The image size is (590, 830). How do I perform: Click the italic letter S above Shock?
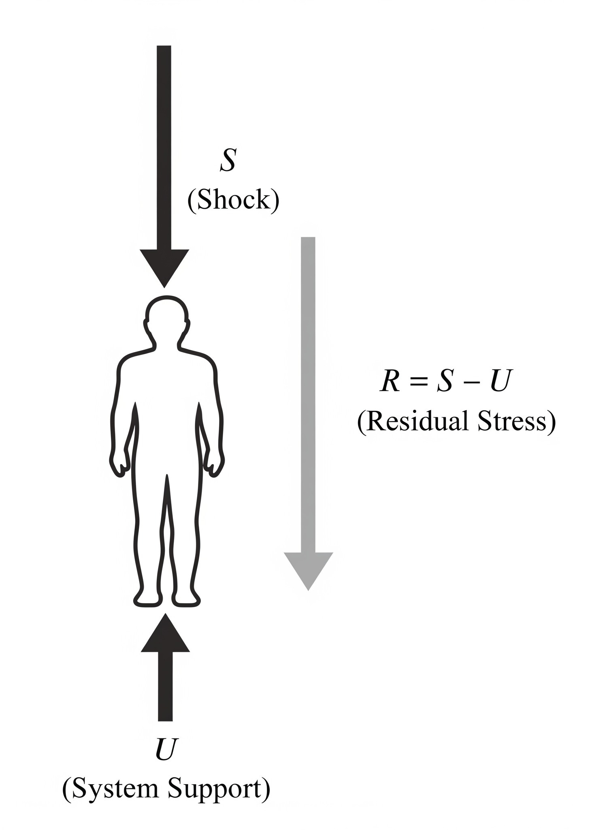(228, 161)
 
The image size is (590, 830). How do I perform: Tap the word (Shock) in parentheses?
(233, 200)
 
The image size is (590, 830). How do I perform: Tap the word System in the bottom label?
(111, 789)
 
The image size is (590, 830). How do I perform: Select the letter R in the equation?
(390, 382)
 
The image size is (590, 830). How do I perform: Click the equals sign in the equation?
(418, 383)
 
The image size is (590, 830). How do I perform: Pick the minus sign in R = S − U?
(472, 383)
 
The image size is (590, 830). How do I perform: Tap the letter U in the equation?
(499, 382)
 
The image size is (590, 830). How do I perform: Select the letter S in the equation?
(444, 382)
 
